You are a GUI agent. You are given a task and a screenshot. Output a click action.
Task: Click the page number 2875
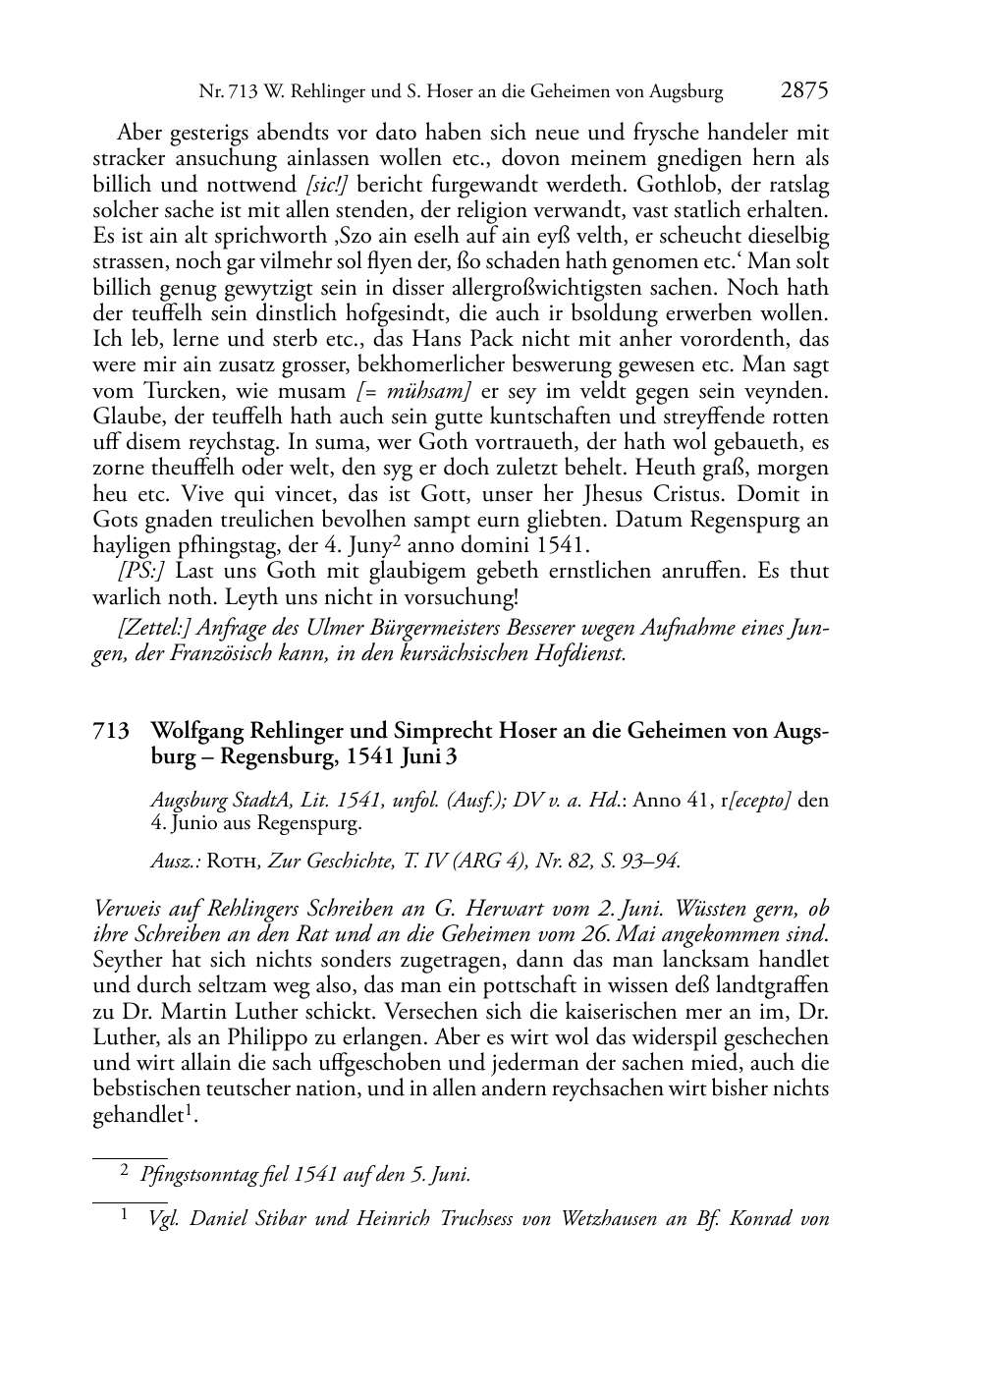tap(804, 91)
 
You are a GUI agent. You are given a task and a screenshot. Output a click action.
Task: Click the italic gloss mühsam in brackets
tap(419, 390)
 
